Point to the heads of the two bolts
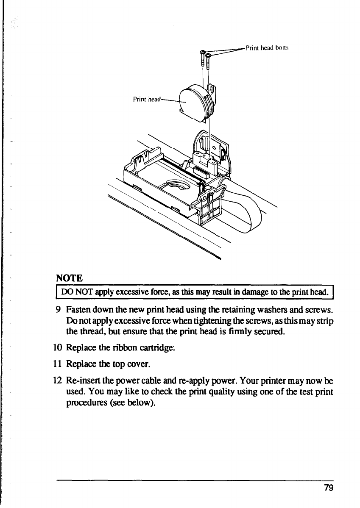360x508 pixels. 206,53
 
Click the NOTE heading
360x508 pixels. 69,278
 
